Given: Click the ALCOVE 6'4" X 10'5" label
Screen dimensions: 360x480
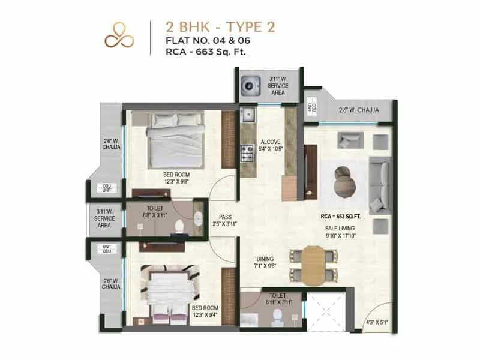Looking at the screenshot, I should (270, 145).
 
